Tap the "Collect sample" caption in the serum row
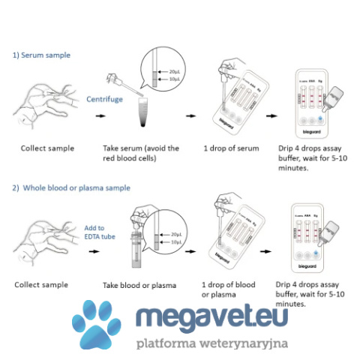coord(47,148)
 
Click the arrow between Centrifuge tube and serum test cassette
coord(190,116)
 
